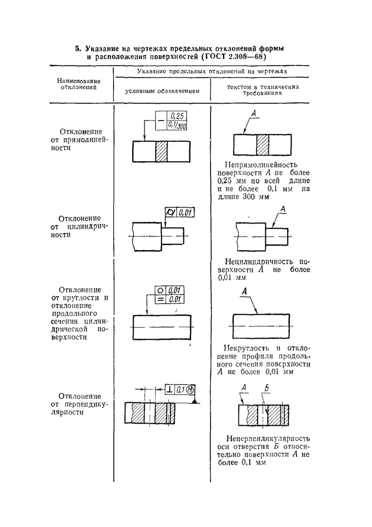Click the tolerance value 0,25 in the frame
click(x=177, y=116)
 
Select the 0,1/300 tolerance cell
click(x=177, y=126)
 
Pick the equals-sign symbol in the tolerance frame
click(x=160, y=299)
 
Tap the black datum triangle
click(x=195, y=401)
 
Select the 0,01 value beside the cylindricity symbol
click(x=185, y=213)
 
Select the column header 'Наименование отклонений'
click(x=78, y=84)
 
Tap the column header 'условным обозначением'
click(x=162, y=91)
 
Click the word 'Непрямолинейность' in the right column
click(x=261, y=165)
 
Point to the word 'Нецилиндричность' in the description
click(x=259, y=262)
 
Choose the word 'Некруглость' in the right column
click(x=246, y=349)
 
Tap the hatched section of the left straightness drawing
click(x=162, y=152)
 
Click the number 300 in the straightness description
click(x=249, y=197)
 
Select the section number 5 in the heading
click(x=77, y=49)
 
